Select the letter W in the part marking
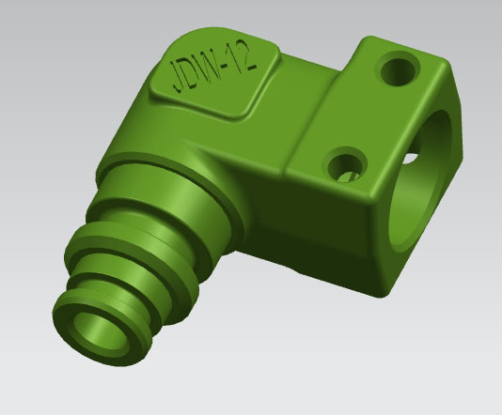211,69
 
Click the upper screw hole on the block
400,67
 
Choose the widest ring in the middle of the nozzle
155,258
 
